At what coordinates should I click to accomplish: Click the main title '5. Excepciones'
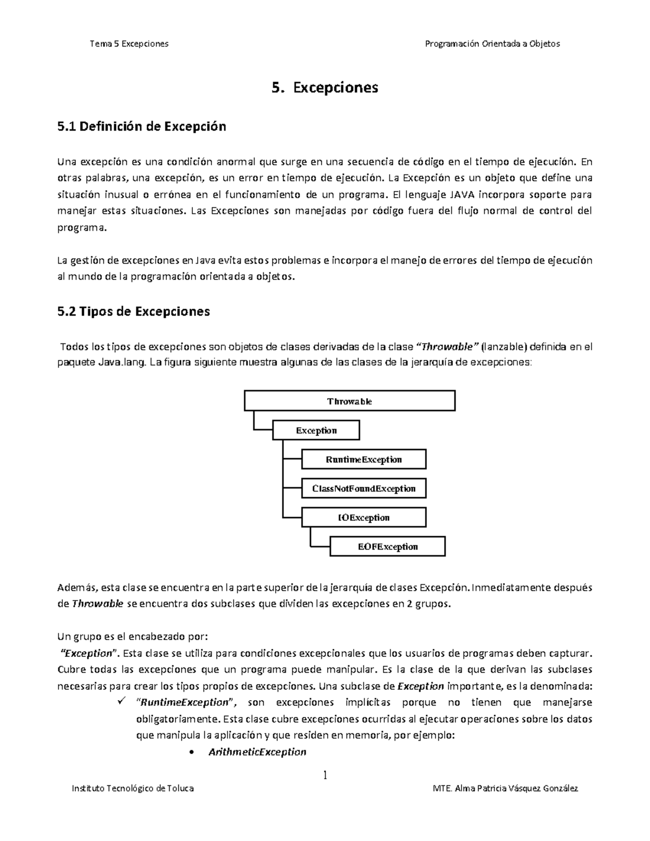click(x=324, y=87)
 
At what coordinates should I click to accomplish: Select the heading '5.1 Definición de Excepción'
click(x=141, y=127)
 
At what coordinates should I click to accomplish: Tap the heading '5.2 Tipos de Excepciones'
click(x=133, y=312)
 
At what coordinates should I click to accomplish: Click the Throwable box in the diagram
click(x=349, y=401)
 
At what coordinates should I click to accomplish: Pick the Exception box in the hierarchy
click(x=316, y=431)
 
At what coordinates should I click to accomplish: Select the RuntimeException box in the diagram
click(x=363, y=460)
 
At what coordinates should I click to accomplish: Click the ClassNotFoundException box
click(x=363, y=488)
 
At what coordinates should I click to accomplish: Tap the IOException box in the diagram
click(x=363, y=518)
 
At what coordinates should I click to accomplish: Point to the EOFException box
click(x=387, y=546)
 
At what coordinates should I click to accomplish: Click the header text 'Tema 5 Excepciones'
click(x=129, y=43)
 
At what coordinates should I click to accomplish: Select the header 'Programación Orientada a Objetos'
click(x=492, y=43)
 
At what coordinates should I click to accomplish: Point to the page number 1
click(x=325, y=775)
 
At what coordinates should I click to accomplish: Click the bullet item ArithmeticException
click(x=257, y=752)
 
